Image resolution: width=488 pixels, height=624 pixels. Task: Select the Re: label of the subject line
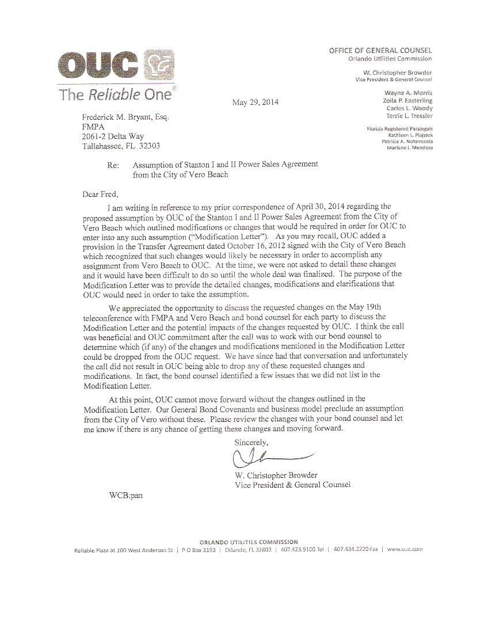[x=113, y=165]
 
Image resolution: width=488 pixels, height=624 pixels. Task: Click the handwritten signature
[x=270, y=458]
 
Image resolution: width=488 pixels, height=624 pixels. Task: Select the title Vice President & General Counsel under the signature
[x=292, y=485]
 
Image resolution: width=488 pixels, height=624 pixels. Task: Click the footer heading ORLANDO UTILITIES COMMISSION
[x=249, y=542]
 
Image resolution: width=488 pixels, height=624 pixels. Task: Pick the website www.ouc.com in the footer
[x=405, y=550]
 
